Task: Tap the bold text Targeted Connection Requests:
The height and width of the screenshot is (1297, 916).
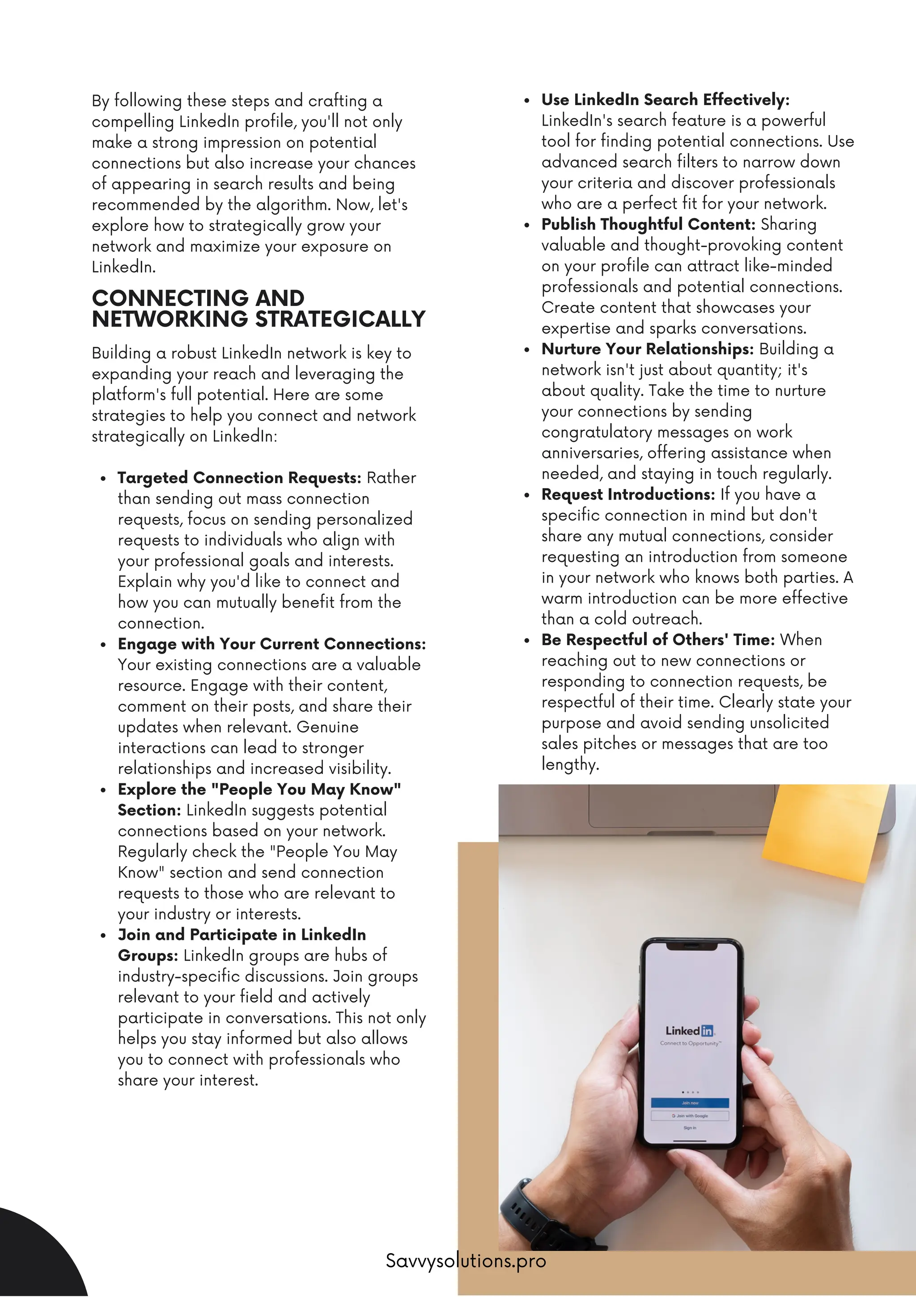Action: (x=239, y=478)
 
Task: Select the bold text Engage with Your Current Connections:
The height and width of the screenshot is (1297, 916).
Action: (x=271, y=644)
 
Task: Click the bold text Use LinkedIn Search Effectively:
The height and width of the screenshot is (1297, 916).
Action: (x=665, y=100)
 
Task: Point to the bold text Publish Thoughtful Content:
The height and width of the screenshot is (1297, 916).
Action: (x=648, y=224)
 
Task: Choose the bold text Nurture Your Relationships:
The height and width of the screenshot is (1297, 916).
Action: (x=647, y=349)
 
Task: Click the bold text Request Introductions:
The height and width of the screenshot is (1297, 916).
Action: (x=628, y=494)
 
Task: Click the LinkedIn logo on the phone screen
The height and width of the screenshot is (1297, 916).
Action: (x=690, y=1030)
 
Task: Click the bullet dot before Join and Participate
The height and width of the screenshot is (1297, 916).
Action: (x=103, y=936)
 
